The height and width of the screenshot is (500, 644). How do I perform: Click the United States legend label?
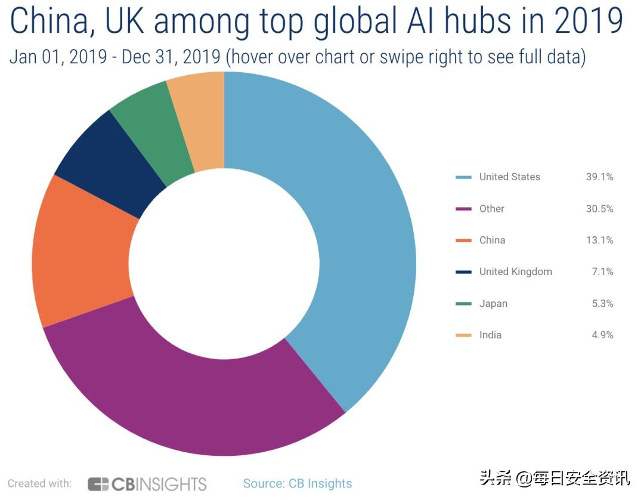click(x=510, y=177)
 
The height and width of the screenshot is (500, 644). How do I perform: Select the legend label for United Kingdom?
click(x=516, y=271)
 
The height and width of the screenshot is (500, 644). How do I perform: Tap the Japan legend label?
click(x=493, y=303)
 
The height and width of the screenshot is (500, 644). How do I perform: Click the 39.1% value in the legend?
click(x=599, y=177)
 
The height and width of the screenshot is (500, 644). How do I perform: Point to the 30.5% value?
click(x=599, y=208)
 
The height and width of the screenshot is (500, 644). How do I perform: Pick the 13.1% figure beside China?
click(x=599, y=240)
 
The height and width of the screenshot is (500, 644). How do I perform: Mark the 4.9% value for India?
click(x=602, y=335)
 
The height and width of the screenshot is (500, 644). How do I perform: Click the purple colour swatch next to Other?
click(x=463, y=209)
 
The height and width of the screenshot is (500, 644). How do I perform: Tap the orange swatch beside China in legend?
click(x=463, y=240)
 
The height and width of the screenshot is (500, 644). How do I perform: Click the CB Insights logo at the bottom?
click(x=147, y=483)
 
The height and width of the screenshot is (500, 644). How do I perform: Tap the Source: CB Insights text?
click(x=298, y=483)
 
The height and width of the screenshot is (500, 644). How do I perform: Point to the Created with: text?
click(x=39, y=483)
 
